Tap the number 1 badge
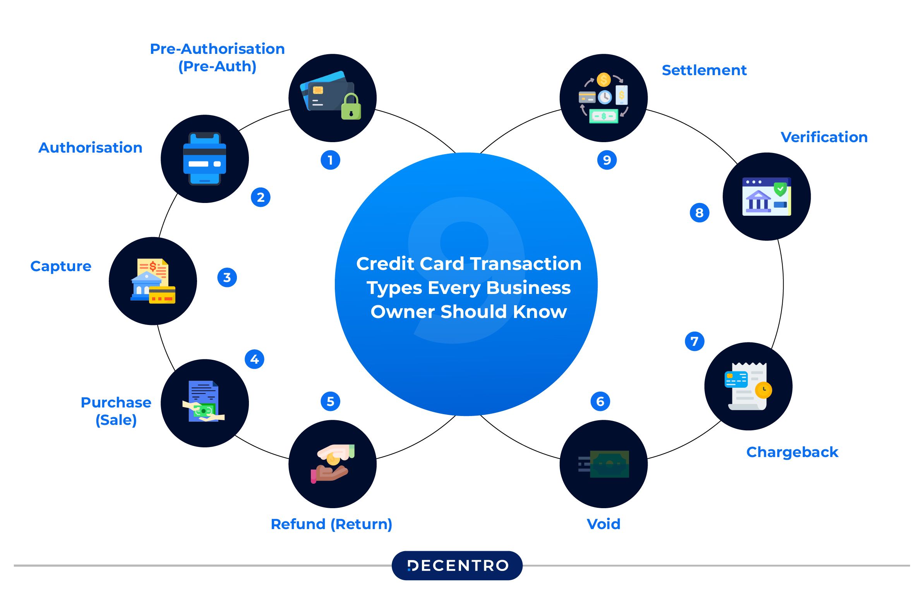[x=330, y=160]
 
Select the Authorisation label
[x=90, y=148]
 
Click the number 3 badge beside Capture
[x=227, y=277]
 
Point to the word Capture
[x=61, y=266]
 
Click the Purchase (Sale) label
[x=116, y=411]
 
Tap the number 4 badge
[x=254, y=359]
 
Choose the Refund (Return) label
[x=331, y=524]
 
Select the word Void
[x=603, y=524]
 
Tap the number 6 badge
[x=600, y=401]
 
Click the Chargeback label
[x=792, y=452]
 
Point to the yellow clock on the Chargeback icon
[x=763, y=390]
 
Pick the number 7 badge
[x=694, y=341]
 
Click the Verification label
[x=824, y=137]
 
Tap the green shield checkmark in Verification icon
[x=780, y=189]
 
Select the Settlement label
[x=704, y=70]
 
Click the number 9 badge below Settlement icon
[x=607, y=160]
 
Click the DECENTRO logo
[x=457, y=565]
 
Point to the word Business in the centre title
[x=528, y=288]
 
